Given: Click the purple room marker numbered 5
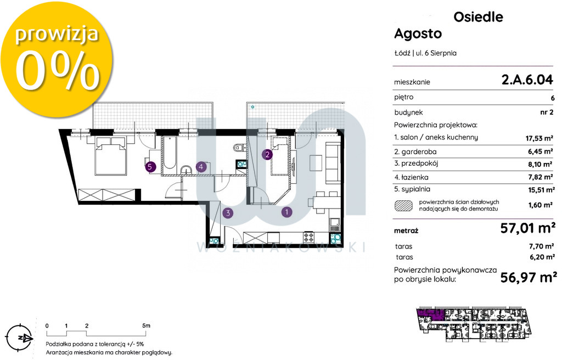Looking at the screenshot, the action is (151, 167).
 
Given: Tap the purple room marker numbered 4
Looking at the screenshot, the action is (201, 166).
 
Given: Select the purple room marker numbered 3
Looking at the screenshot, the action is (228, 213).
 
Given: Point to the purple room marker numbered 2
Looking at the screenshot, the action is (267, 155).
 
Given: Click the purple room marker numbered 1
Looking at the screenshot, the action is (286, 212).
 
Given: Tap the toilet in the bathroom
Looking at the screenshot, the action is (238, 148).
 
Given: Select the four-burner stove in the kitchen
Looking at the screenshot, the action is (309, 237).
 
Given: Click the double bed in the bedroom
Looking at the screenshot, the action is (111, 156).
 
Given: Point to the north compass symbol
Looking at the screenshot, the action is (19, 337).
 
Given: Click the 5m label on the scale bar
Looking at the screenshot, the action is (146, 325).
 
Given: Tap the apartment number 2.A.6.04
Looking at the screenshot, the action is (527, 80).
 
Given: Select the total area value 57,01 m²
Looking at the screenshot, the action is (528, 228).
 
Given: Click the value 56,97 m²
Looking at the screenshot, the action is (529, 277).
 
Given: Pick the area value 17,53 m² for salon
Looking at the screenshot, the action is (539, 138).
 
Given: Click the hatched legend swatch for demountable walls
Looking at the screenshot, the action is (403, 205).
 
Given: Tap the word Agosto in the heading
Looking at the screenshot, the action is (418, 33).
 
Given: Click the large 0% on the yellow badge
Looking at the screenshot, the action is (57, 70).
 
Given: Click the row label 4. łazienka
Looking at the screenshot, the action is (411, 177).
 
